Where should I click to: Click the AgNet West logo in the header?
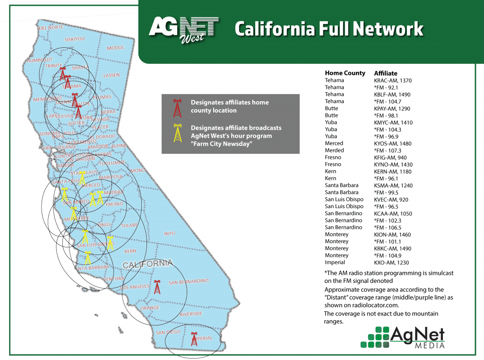(184, 30)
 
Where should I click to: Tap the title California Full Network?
(328, 29)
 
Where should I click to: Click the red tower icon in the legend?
(177, 108)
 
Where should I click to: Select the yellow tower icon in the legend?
(177, 133)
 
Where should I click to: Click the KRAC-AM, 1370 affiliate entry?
(392, 80)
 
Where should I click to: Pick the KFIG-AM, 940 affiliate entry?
(390, 158)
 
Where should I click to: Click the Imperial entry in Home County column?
(335, 263)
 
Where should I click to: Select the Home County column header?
(345, 73)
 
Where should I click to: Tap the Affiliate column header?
(386, 73)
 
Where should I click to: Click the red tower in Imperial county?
(194, 339)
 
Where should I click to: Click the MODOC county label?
(116, 48)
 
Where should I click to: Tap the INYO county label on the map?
(169, 234)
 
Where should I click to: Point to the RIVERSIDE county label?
(190, 314)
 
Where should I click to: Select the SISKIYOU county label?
(74, 39)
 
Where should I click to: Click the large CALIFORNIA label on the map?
(147, 264)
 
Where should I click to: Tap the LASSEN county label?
(112, 76)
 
